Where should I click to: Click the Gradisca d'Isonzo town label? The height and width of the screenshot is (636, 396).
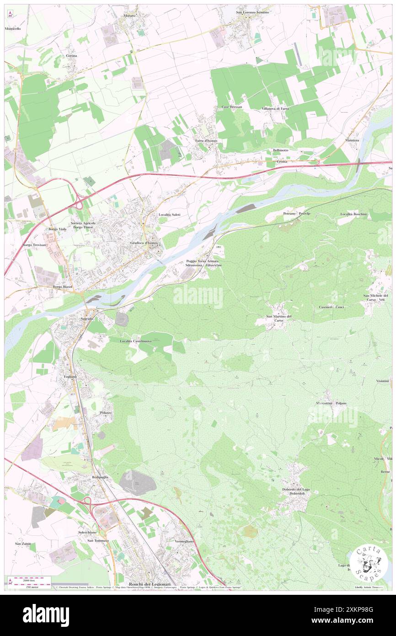tap(144, 243)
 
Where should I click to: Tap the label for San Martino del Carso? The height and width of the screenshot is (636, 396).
tap(279, 318)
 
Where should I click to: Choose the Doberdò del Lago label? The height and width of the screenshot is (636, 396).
tap(295, 491)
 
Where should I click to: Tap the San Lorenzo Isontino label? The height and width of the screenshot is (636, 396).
tap(252, 12)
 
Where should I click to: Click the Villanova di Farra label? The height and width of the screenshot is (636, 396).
tap(275, 108)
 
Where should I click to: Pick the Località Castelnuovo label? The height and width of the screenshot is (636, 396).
tap(136, 341)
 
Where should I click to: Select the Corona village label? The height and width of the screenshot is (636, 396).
tap(71, 56)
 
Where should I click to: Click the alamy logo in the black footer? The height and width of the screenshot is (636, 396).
tap(46, 615)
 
